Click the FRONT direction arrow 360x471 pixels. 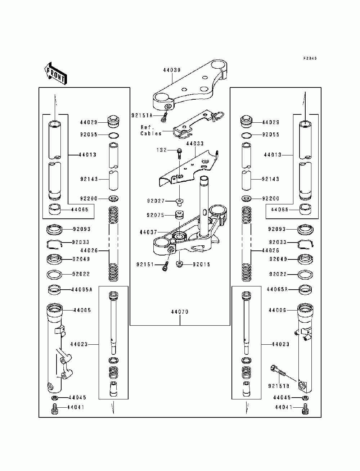[x=55, y=73]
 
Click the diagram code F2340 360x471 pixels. [x=310, y=58]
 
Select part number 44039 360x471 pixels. [x=172, y=70]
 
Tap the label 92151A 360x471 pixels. [x=142, y=116]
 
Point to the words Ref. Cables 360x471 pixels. [x=151, y=130]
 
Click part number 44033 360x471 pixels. [x=195, y=144]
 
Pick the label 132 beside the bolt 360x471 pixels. [x=161, y=150]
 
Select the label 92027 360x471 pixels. [x=156, y=201]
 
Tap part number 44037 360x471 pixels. [x=148, y=232]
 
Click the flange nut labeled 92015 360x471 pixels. [x=179, y=264]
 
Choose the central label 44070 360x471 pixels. [x=180, y=312]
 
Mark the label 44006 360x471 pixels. [x=277, y=310]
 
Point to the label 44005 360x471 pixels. [x=82, y=310]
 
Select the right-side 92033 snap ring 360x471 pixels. [x=305, y=244]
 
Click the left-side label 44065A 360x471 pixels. [x=82, y=289]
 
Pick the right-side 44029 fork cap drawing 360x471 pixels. [x=247, y=122]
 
